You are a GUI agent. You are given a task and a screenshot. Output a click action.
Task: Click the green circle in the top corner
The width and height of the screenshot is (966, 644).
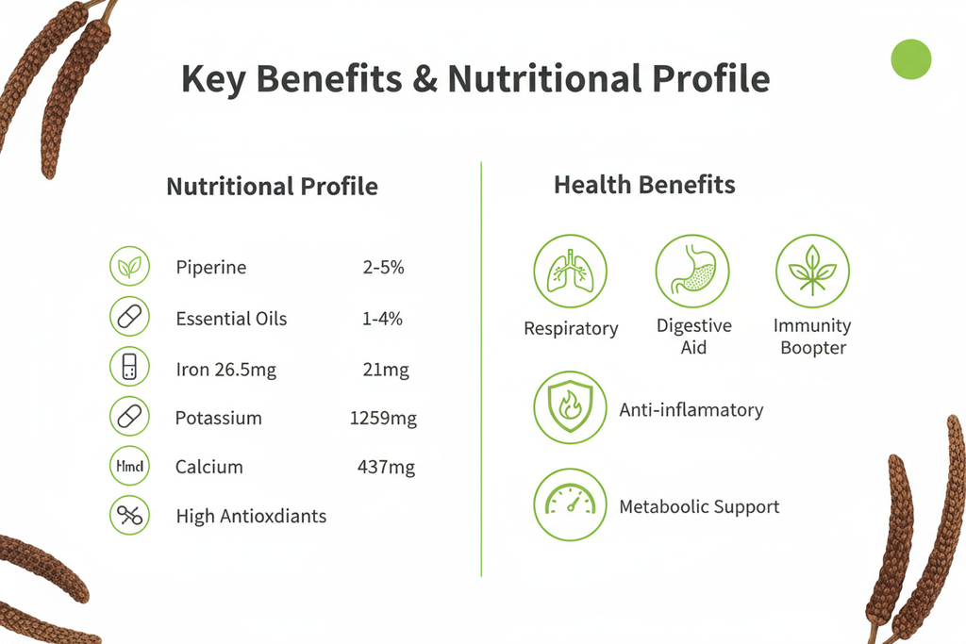[911, 59]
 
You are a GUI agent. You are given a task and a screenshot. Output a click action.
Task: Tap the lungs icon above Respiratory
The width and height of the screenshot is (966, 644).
[571, 272]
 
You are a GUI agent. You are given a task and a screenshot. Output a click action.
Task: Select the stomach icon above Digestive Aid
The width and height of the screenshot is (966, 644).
[692, 272]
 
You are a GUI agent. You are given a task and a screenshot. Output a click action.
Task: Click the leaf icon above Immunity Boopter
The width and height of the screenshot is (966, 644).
[812, 272]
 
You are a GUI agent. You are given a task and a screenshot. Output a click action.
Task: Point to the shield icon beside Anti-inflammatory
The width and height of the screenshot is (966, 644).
[571, 407]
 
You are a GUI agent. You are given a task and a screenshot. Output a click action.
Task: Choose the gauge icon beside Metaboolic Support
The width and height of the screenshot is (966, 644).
[571, 505]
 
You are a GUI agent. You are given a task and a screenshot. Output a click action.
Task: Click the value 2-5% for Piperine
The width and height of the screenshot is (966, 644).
[383, 268]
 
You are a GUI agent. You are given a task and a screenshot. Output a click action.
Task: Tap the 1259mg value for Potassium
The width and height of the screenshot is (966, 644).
[383, 419]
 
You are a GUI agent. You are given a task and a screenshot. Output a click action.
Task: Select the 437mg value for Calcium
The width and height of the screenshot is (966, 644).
[386, 467]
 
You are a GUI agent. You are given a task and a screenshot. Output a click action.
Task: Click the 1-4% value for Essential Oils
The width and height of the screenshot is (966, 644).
[382, 319]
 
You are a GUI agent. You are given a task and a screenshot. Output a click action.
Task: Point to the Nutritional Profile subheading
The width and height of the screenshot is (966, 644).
[272, 187]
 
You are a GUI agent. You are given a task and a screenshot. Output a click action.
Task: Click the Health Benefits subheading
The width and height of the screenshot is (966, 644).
[644, 184]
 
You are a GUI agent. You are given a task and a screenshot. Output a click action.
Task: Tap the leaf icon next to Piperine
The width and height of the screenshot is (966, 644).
[130, 268]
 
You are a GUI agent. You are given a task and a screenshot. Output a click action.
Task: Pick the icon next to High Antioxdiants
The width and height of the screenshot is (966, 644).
[130, 516]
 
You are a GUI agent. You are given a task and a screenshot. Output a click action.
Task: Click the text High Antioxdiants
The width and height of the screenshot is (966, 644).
[251, 517]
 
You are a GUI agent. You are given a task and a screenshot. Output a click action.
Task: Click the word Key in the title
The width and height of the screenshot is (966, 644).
[212, 80]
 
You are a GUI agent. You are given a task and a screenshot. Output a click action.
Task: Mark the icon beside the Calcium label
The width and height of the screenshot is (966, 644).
[130, 466]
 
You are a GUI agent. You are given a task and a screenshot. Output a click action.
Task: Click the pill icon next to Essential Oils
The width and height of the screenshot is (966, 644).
[130, 318]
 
